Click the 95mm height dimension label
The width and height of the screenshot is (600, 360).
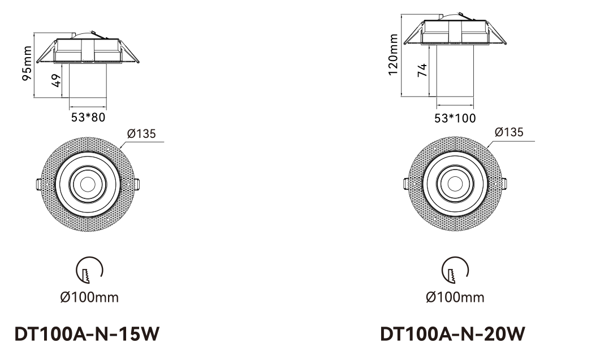click(x=27, y=63)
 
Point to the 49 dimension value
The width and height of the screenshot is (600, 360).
click(x=56, y=81)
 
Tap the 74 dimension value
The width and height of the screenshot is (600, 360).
click(x=422, y=71)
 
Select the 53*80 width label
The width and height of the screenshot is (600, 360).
click(x=88, y=117)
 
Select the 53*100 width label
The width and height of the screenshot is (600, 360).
click(x=455, y=118)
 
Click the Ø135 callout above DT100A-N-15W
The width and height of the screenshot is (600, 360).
click(x=141, y=133)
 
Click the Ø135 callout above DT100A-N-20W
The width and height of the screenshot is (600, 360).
click(x=509, y=132)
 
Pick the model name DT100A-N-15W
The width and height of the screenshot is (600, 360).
click(x=87, y=334)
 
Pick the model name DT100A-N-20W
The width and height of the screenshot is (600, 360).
click(x=452, y=334)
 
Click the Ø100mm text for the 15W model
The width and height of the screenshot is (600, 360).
click(x=89, y=297)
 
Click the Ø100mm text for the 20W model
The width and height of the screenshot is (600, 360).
click(x=455, y=297)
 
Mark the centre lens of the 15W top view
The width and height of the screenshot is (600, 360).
click(x=88, y=185)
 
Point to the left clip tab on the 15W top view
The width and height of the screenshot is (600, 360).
click(x=38, y=184)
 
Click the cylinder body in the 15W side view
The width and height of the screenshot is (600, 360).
click(x=88, y=81)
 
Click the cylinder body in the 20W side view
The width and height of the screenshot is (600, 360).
click(x=455, y=71)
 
